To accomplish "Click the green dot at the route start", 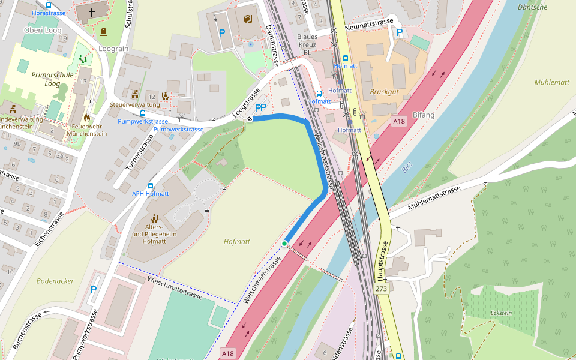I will click(x=284, y=243).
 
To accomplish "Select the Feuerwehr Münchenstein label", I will click(x=89, y=130).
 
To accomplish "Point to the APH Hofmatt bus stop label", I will click(x=150, y=194).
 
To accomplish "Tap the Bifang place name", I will click(x=423, y=114).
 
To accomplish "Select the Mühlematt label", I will click(x=551, y=82).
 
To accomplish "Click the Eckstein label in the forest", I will click(x=501, y=313).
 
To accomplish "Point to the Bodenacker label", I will click(x=55, y=280).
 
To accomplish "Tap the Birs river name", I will click(x=408, y=167).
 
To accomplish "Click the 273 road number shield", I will click(x=382, y=289).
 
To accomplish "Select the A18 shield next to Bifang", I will click(x=399, y=121).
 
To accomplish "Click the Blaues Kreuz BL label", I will click(x=307, y=44).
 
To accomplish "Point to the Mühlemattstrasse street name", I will click(x=434, y=198).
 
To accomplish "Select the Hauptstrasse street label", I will click(x=382, y=261).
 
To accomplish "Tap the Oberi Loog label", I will click(x=43, y=30).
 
